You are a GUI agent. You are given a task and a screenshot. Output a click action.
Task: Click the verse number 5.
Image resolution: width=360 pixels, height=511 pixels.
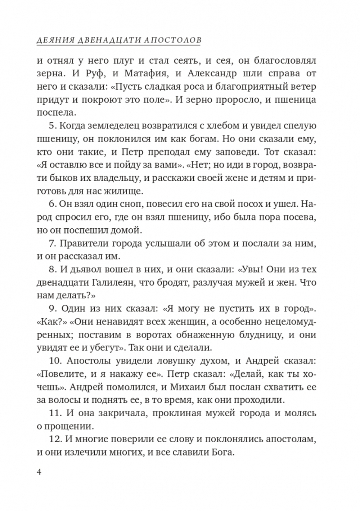click(51, 126)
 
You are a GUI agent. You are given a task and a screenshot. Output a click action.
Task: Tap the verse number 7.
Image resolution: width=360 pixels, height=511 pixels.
click(51, 243)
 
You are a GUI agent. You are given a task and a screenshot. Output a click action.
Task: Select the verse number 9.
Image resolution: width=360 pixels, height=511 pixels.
click(51, 309)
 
